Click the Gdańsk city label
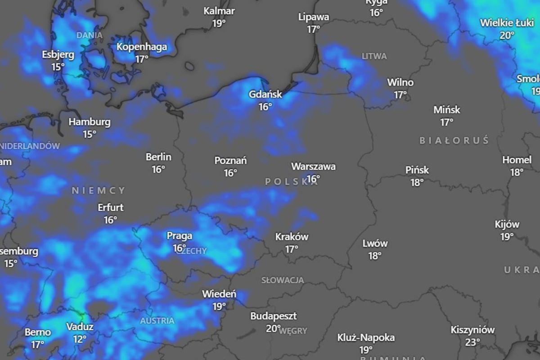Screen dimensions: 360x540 click(x=265, y=94)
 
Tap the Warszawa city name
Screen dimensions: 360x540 click(x=313, y=166)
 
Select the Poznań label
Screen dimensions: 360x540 click(x=230, y=161)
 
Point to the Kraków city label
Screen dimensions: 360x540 click(x=292, y=237)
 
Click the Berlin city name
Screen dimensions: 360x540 click(x=158, y=157)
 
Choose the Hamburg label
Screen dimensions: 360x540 click(x=89, y=122)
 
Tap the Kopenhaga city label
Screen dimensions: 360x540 click(x=142, y=47)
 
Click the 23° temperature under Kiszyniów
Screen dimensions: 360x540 click(x=472, y=342)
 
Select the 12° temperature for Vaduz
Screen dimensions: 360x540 click(x=79, y=339)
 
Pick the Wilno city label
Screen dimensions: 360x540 click(x=400, y=83)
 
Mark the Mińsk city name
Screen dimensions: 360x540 click(x=447, y=110)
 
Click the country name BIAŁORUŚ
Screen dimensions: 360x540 click(x=454, y=141)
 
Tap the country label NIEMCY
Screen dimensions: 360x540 click(x=99, y=191)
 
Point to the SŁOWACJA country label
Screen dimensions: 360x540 click(x=283, y=280)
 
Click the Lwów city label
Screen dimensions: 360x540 click(x=375, y=243)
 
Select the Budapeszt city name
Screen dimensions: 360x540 click(x=274, y=316)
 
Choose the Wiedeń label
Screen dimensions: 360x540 click(x=219, y=294)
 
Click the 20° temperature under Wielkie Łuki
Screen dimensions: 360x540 click(x=507, y=35)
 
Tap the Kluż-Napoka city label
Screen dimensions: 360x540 click(x=366, y=337)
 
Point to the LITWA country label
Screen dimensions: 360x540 click(x=374, y=56)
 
